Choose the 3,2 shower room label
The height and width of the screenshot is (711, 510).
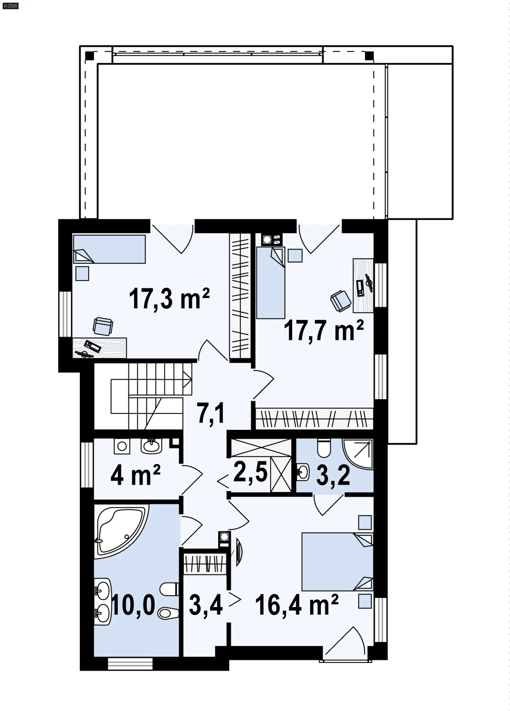point(333,475)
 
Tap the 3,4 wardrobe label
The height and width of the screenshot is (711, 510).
point(206,605)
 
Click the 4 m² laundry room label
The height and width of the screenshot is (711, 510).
point(135,475)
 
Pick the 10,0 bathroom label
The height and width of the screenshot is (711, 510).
point(133,605)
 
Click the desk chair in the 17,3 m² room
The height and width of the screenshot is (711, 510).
point(103,326)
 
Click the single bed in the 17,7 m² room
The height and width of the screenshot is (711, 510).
point(271,282)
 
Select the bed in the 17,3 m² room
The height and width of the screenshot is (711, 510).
point(109,249)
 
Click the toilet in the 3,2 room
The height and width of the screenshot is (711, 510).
point(324,448)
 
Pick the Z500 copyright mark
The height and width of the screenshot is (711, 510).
point(10,6)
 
